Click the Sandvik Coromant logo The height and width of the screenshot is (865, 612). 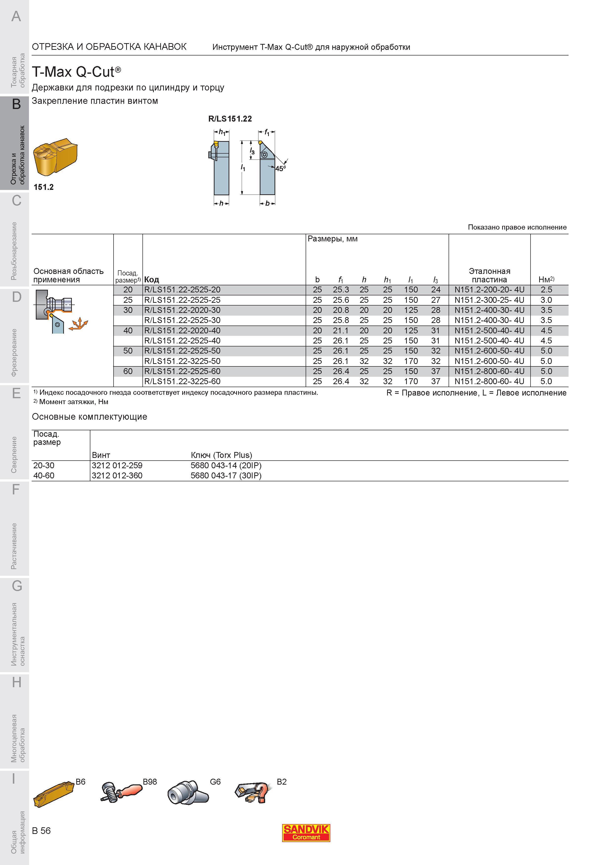(306, 833)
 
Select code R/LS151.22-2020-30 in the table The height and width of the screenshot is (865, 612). (182, 310)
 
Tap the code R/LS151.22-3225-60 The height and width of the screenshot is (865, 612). (182, 381)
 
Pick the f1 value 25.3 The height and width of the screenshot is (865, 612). (341, 290)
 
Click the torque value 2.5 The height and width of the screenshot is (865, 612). (546, 290)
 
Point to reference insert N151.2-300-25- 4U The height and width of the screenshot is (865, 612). (489, 300)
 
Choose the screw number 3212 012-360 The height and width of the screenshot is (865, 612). (117, 475)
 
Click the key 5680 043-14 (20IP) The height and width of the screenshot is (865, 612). (226, 465)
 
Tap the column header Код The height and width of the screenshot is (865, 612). (152, 280)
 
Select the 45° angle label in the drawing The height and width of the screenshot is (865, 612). (280, 168)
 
